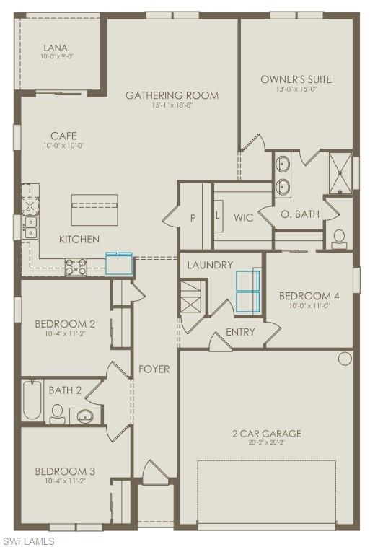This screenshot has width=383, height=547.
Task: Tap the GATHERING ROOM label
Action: tap(172, 95)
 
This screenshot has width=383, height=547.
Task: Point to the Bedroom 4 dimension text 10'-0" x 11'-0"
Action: tap(309, 306)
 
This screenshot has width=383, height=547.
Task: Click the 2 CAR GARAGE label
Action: tap(267, 433)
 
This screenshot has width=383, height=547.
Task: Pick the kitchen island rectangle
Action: tap(94, 211)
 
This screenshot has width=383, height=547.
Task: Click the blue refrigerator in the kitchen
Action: tap(120, 264)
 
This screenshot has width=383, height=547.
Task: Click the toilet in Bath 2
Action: tap(57, 413)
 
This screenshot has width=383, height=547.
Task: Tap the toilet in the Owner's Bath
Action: tap(339, 240)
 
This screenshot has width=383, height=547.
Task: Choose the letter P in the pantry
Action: tap(193, 217)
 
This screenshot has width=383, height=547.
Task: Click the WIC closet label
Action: tap(244, 217)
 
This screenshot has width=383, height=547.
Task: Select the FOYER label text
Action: tap(154, 369)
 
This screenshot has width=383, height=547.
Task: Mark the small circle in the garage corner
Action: tap(345, 359)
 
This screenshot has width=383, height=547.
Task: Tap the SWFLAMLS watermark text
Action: tap(28, 540)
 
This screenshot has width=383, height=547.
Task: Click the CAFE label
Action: tap(63, 136)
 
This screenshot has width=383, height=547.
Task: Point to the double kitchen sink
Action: tap(30, 227)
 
